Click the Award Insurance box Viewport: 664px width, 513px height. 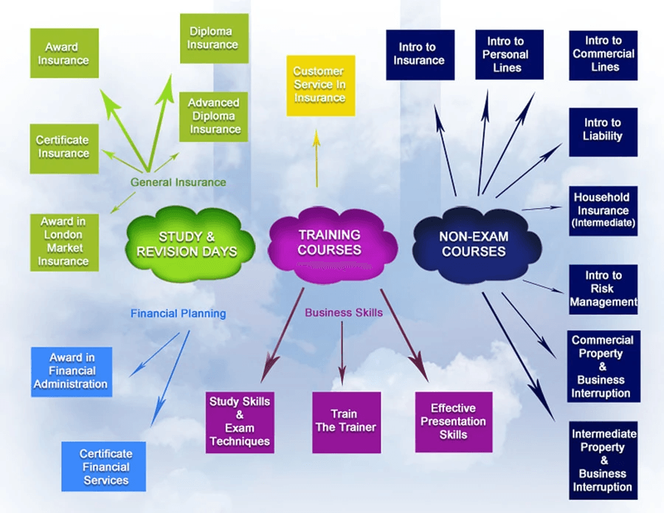(x=64, y=53)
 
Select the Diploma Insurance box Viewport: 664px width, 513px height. (x=214, y=38)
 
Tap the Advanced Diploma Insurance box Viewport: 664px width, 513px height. (x=214, y=117)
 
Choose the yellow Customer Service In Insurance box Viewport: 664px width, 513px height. (x=320, y=85)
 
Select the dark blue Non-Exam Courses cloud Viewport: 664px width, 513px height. (x=473, y=244)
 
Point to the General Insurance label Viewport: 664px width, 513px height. (x=179, y=182)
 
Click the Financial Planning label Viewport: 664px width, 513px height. (x=178, y=314)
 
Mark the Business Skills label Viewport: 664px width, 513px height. (x=344, y=313)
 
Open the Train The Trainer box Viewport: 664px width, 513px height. (x=346, y=421)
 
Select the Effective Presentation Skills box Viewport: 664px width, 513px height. (x=453, y=421)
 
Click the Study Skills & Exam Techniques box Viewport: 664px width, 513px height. (x=240, y=421)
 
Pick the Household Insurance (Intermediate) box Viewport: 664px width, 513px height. (x=603, y=210)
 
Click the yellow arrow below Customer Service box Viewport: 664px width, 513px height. (x=317, y=159)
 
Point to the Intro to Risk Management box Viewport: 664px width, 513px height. (x=603, y=289)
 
